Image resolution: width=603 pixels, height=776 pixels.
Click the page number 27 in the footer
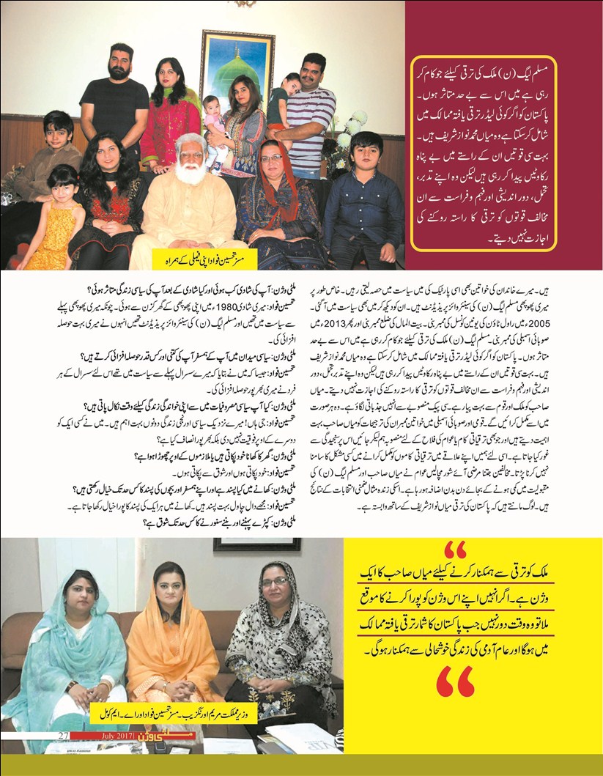[64, 735]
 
